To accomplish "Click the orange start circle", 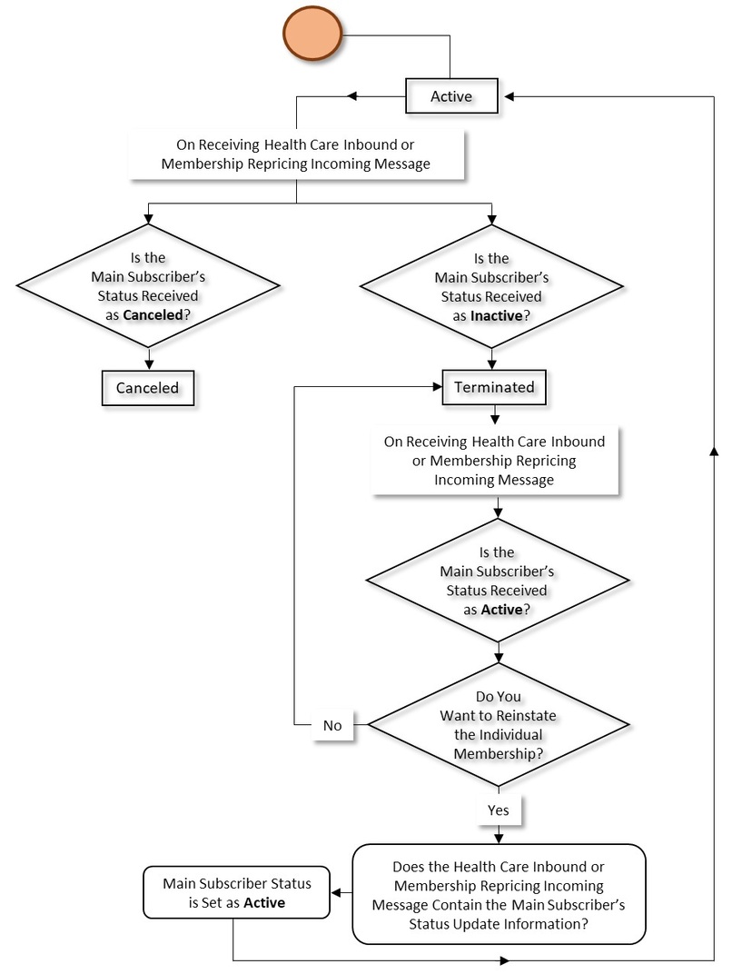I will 312,35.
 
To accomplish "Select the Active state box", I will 451,96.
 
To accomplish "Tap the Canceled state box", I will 147,388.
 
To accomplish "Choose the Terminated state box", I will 494,386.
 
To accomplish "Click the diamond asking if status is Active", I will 497,581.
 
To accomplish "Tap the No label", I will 332,725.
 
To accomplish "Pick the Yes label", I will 497,807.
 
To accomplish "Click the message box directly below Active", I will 298,154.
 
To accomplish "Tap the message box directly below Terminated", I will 495,461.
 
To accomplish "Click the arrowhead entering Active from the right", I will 509,96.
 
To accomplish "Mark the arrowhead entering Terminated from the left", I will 435,386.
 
